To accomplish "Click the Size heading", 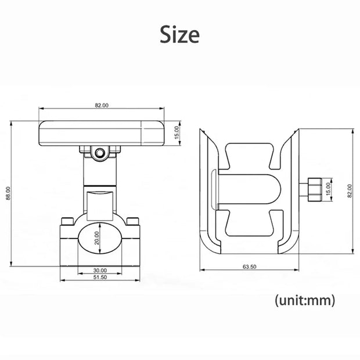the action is (x=179, y=34).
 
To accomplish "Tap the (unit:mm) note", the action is (x=305, y=300).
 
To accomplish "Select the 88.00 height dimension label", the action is (x=8, y=193).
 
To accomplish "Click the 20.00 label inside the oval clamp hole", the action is (x=96, y=238).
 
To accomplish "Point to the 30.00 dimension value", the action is (x=100, y=270).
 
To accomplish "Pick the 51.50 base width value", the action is (x=100, y=277).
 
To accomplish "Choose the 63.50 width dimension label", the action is (x=249, y=267).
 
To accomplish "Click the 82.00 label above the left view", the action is (x=102, y=105).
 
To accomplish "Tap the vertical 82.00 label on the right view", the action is (x=350, y=191).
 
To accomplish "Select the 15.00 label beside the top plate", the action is (x=177, y=133).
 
